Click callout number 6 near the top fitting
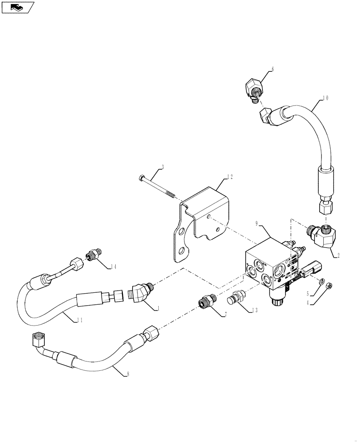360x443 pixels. pos(272,70)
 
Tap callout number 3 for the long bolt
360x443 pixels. pos(162,167)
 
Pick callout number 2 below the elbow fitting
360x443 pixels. pos(338,256)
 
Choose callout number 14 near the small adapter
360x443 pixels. pos(114,266)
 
